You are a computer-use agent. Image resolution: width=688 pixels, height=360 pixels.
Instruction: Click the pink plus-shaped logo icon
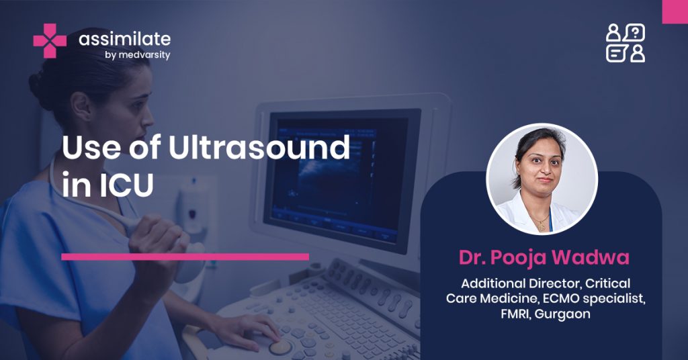50,41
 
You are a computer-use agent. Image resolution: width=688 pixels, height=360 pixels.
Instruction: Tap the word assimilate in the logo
124,39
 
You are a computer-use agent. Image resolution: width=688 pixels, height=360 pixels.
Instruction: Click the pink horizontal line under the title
185,257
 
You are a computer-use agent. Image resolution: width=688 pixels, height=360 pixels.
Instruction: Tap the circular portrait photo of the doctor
542,179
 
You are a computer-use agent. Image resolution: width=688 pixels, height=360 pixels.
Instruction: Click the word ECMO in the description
557,299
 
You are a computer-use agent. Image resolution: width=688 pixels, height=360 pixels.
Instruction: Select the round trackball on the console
280,347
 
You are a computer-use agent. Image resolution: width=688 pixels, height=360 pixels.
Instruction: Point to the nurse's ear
81,107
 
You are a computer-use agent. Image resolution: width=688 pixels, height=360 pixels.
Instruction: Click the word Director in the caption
554,283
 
